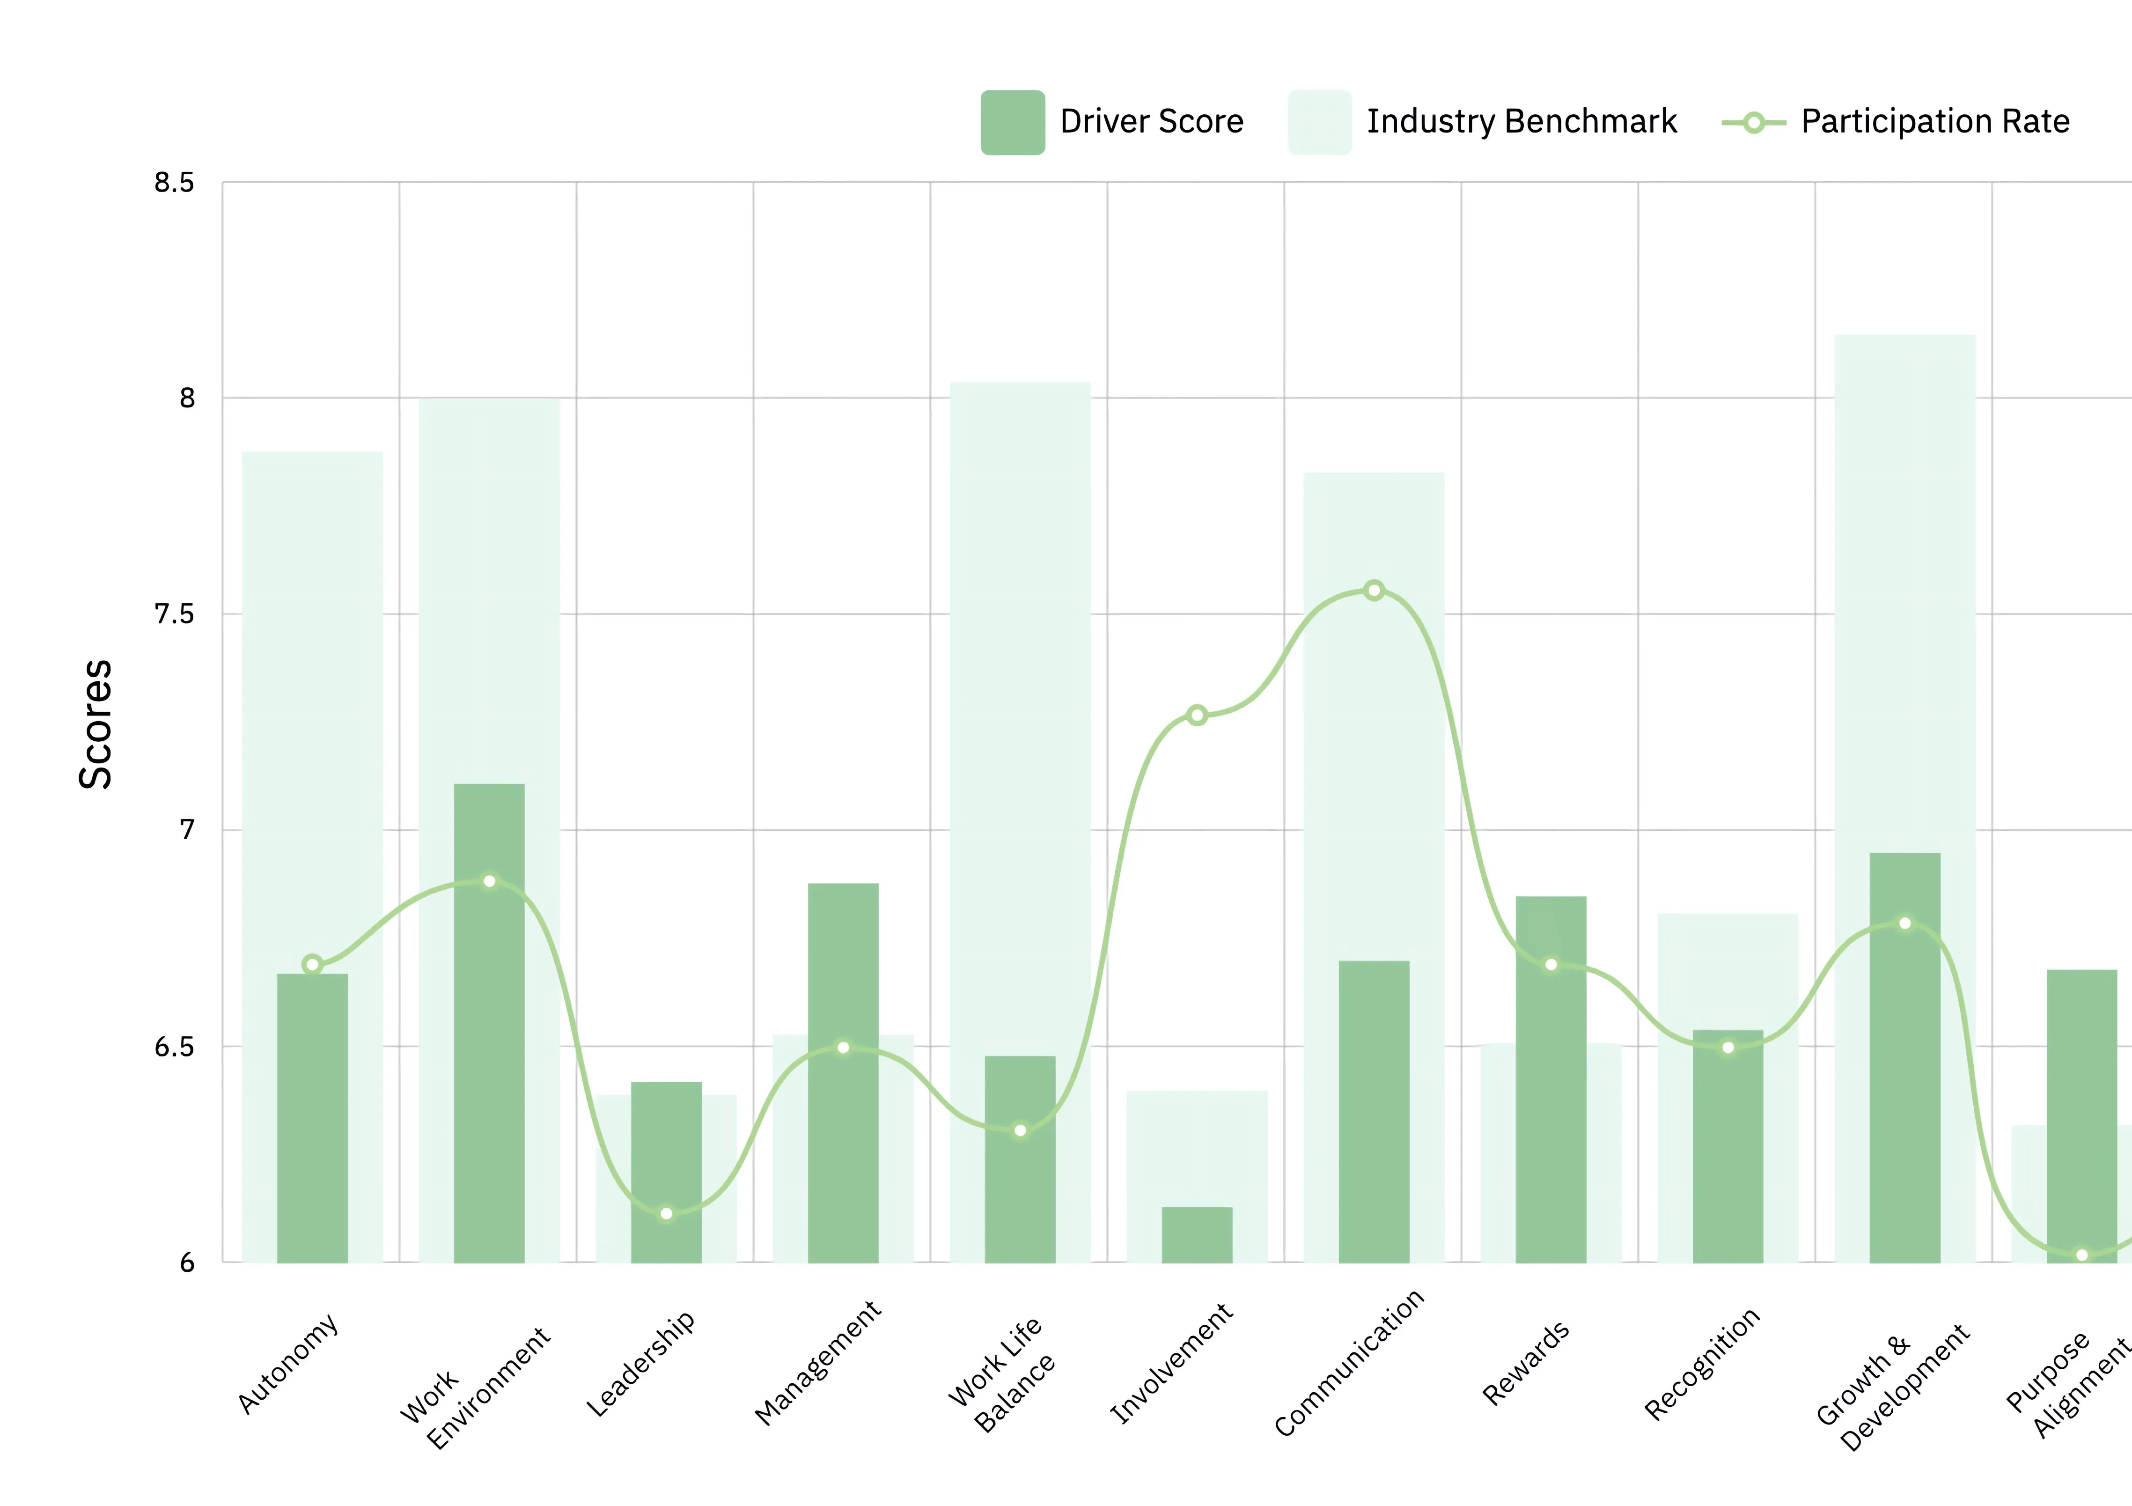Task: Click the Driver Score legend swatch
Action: pyautogui.click(x=1012, y=122)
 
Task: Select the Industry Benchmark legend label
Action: pyautogui.click(x=1521, y=122)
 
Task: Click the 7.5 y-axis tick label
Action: pyautogui.click(x=175, y=614)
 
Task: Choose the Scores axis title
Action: pyautogui.click(x=96, y=724)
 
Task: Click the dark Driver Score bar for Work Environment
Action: pyautogui.click(x=489, y=1022)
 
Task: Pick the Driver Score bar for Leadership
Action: pyautogui.click(x=666, y=1173)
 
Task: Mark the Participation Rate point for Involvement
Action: pyautogui.click(x=1197, y=715)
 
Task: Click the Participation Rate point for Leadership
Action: pyautogui.click(x=666, y=1213)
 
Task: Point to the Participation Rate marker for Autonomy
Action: pyautogui.click(x=312, y=964)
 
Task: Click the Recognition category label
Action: pyautogui.click(x=1702, y=1364)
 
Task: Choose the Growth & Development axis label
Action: pyautogui.click(x=1891, y=1387)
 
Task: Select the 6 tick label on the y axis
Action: pyautogui.click(x=187, y=1262)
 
